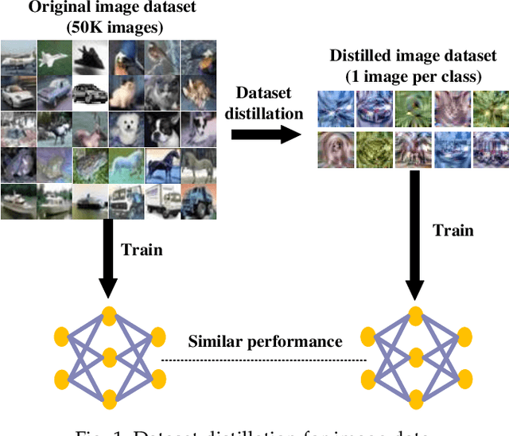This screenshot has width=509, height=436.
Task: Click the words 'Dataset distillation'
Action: pyautogui.click(x=264, y=103)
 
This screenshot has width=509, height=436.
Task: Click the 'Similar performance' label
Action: pyautogui.click(x=265, y=342)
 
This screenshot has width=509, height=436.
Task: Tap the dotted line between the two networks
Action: pyautogui.click(x=265, y=360)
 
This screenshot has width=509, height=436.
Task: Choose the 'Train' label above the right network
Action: pyautogui.click(x=453, y=231)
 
